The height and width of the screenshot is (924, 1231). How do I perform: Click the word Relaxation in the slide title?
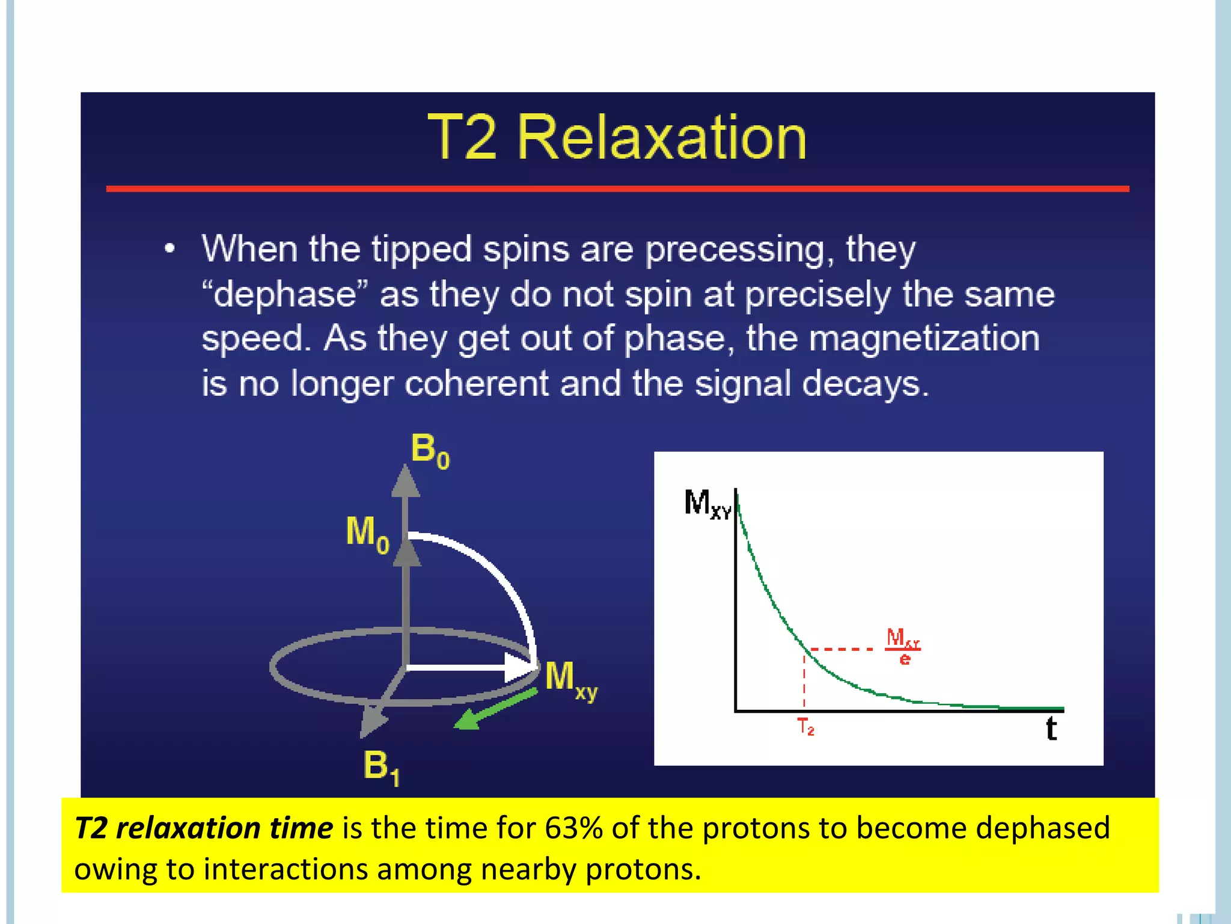coord(661,138)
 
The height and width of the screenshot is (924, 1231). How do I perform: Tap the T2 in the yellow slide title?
coord(462,138)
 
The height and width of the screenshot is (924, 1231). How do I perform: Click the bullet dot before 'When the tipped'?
coord(170,248)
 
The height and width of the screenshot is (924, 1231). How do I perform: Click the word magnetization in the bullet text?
coord(924,338)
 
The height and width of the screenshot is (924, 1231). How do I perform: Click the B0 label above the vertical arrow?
coord(429,451)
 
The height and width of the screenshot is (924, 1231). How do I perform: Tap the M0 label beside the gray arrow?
coord(367,534)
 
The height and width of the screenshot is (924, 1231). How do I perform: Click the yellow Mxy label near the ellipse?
coord(570,680)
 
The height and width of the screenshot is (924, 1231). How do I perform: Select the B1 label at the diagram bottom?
coord(381,768)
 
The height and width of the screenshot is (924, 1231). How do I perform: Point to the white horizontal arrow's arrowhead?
coord(521,667)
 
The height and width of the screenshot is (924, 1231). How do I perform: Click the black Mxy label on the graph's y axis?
coord(707,504)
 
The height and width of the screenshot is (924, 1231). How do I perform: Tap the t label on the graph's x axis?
coord(1051,729)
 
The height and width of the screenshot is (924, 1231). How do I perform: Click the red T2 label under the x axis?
coord(805,727)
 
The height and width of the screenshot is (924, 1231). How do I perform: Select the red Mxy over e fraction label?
coord(903,646)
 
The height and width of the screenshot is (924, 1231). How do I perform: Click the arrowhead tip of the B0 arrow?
coord(406,468)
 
